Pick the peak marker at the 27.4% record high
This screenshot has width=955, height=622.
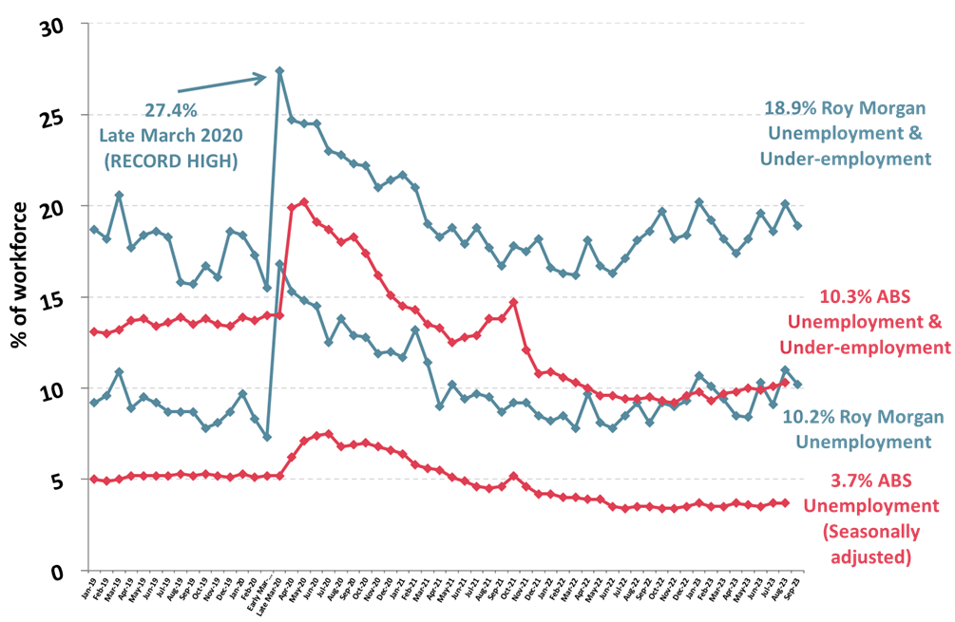pos(279,70)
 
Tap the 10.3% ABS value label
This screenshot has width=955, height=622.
pos(839,295)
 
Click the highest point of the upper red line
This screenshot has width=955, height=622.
pos(304,201)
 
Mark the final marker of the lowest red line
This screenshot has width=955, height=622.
pos(785,502)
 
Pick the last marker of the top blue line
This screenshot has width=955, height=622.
pos(798,226)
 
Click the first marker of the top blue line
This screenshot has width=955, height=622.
pos(93,229)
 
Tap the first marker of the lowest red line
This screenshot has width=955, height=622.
pos(93,480)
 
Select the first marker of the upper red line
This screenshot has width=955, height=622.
pos(93,331)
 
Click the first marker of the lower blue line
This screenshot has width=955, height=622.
pos(93,403)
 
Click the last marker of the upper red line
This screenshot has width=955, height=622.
pos(785,383)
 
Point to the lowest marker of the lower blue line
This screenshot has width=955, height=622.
pos(267,437)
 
